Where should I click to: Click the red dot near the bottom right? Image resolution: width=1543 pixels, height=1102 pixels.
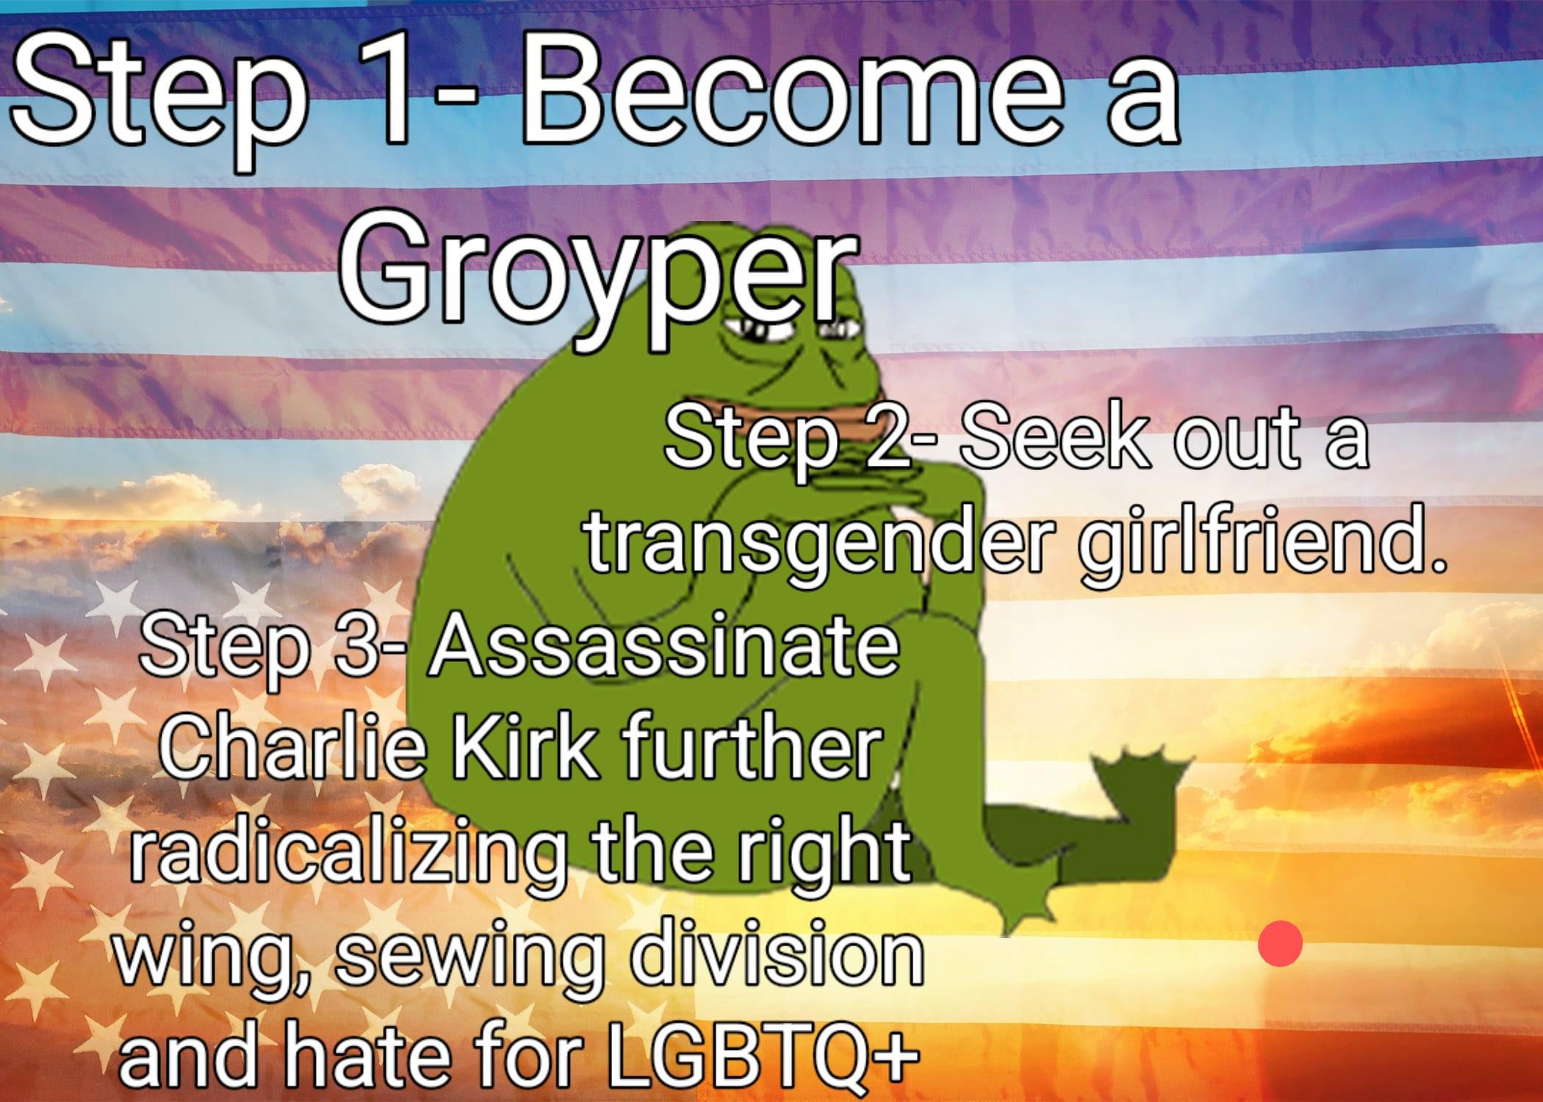1280,943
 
